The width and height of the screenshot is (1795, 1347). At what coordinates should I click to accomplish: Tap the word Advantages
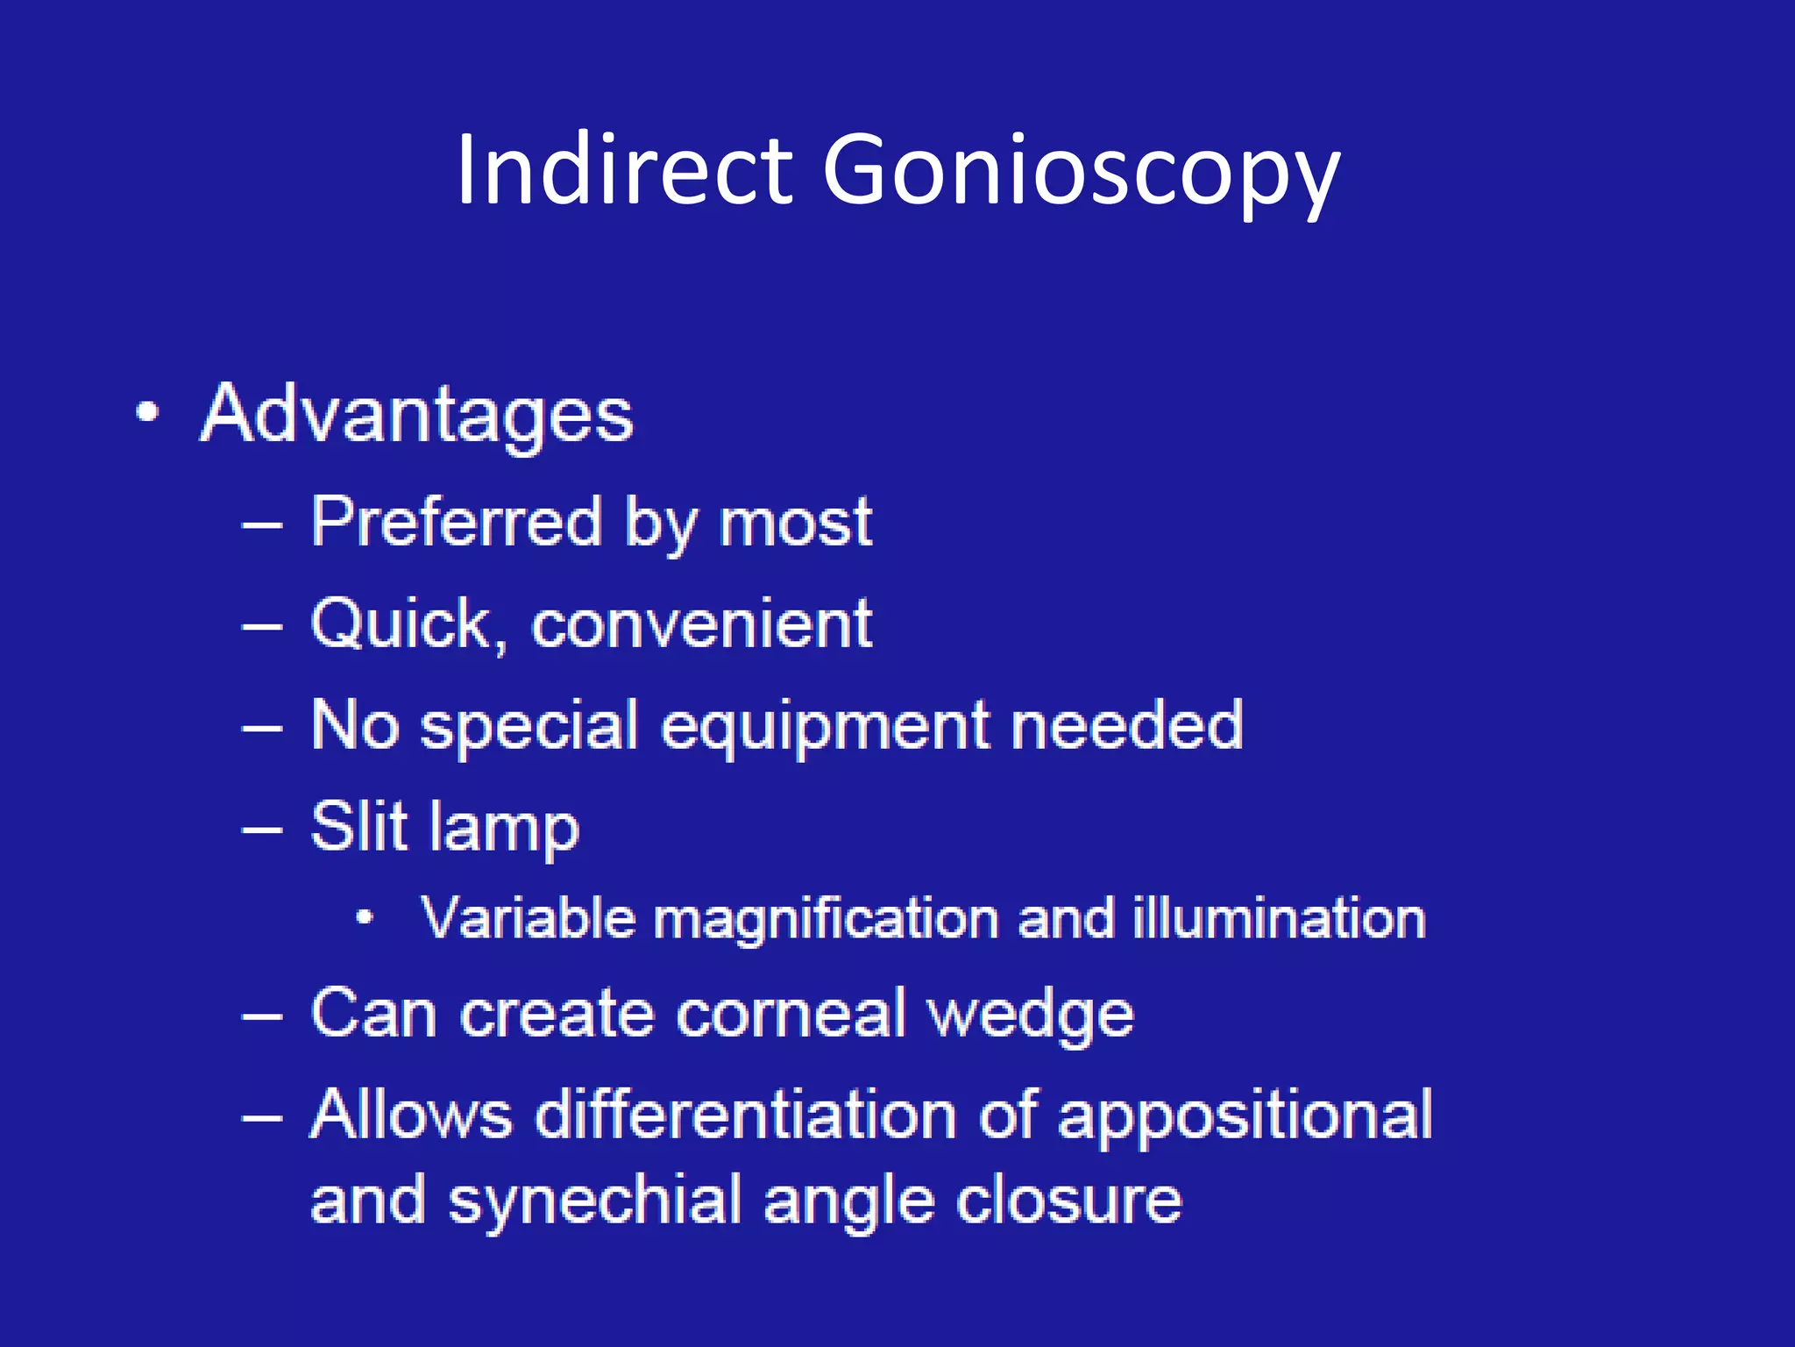(417, 415)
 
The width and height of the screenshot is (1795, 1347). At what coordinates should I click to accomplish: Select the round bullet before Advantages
(148, 412)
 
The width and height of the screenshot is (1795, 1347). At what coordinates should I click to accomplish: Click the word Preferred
(457, 522)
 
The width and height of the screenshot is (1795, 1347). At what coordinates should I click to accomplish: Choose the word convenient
(701, 624)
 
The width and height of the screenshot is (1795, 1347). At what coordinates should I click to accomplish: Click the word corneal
(791, 1015)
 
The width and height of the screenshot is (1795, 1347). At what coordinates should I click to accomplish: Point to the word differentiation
(745, 1115)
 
